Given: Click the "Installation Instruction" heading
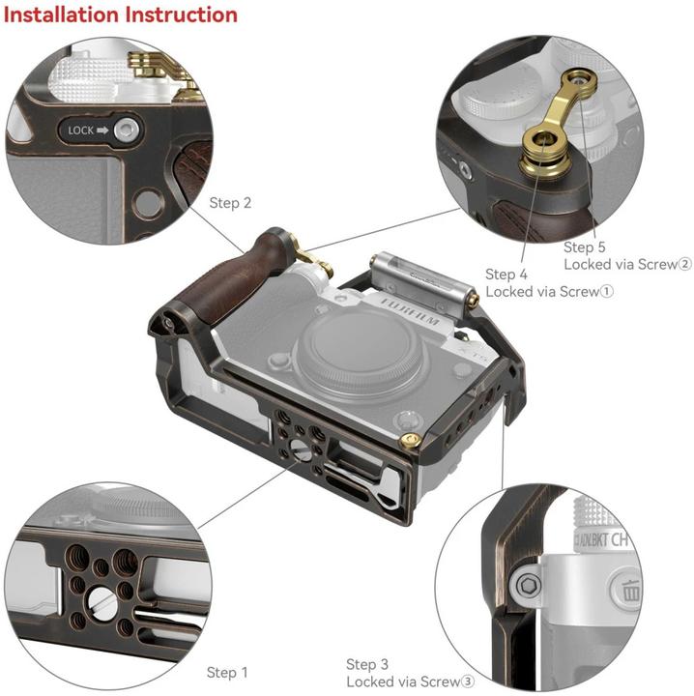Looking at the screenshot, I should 121,15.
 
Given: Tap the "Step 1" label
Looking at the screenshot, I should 227,672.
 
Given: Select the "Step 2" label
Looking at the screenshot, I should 230,203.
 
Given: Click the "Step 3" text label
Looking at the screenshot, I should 367,664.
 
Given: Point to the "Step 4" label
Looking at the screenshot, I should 506,275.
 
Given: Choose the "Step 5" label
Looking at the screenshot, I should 585,247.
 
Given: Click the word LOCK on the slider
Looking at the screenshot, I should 81,130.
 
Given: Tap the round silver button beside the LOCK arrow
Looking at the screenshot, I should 125,130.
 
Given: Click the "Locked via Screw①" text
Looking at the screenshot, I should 550,291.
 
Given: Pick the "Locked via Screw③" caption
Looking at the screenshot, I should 410,681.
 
